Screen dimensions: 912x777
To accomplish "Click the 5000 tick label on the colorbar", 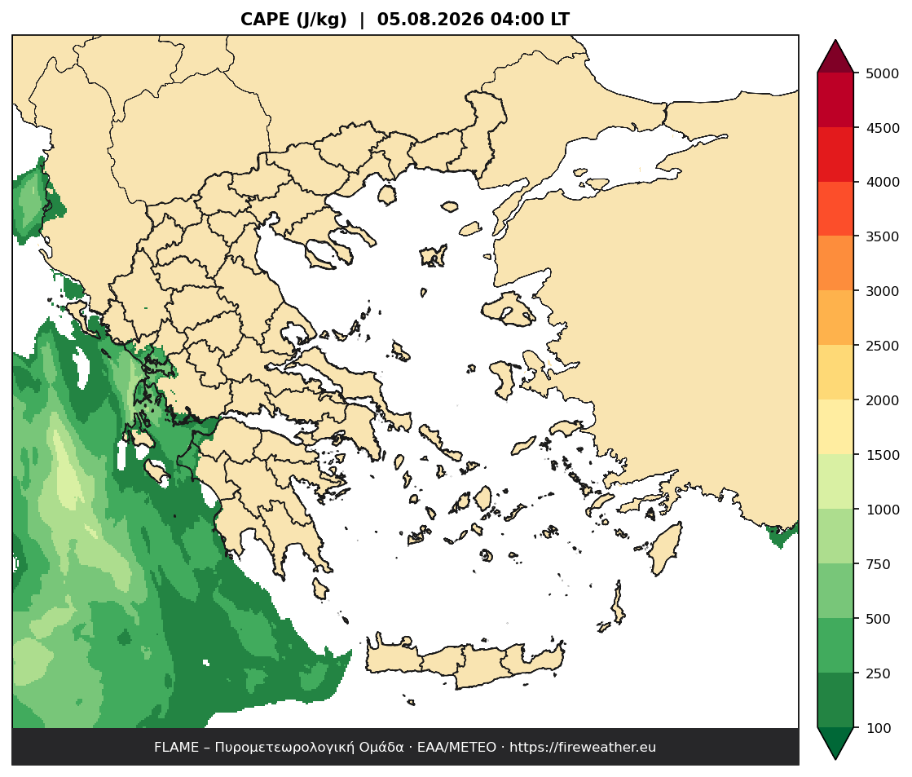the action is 883,73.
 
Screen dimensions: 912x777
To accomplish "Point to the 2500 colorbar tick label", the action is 883,346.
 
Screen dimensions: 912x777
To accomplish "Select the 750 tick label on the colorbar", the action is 879,564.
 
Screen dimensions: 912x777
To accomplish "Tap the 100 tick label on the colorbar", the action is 879,728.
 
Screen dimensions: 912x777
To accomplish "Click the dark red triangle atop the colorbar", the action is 835,58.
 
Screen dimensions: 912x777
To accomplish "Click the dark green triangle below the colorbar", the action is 835,742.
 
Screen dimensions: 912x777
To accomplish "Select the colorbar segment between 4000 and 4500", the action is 835,155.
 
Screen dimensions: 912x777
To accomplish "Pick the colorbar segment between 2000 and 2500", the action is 835,373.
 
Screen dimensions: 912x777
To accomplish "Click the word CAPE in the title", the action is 265,20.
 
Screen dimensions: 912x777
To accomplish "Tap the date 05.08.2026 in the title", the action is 430,20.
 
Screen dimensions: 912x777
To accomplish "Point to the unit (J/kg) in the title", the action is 321,20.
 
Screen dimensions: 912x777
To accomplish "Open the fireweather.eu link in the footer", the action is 583,748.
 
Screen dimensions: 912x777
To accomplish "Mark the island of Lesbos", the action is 509,308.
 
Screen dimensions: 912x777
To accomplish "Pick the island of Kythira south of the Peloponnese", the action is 320,588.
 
